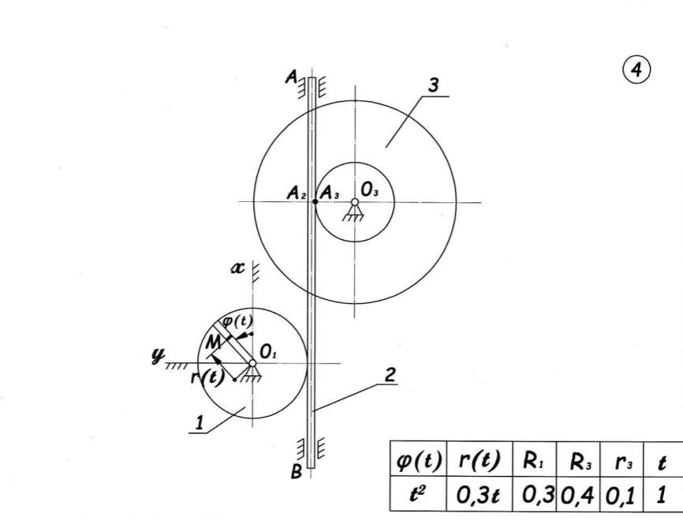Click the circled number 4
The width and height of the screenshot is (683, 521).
click(x=636, y=70)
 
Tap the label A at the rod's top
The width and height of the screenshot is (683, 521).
click(x=291, y=77)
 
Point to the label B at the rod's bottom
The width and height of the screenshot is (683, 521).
click(x=297, y=472)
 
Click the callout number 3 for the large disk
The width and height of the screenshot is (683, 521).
click(x=433, y=85)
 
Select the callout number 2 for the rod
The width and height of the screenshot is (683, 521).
click(x=390, y=375)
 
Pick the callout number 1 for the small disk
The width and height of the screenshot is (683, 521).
click(x=200, y=423)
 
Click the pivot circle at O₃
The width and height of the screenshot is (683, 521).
click(x=355, y=202)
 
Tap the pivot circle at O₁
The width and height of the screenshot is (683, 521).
click(x=252, y=363)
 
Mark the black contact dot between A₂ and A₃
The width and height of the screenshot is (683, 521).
click(x=315, y=201)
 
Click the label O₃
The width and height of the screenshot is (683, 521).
click(x=369, y=190)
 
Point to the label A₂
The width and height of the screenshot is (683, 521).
click(x=297, y=193)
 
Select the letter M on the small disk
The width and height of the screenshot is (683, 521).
click(x=213, y=343)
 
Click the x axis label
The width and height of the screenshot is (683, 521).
click(x=238, y=268)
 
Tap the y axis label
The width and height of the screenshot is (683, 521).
click(x=158, y=356)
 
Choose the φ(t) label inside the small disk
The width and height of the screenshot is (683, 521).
click(x=237, y=321)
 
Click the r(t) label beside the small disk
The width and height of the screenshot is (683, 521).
click(x=207, y=377)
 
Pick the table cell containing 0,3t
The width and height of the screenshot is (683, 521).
click(x=480, y=495)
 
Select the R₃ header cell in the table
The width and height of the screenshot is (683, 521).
click(x=578, y=459)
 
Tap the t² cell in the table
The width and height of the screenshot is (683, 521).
click(x=418, y=495)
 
